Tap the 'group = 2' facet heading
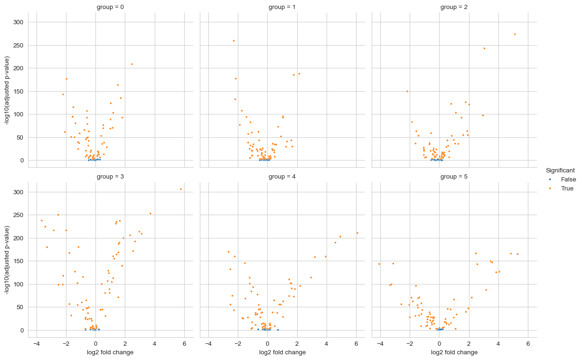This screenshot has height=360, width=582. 454,7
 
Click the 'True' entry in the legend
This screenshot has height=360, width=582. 567,188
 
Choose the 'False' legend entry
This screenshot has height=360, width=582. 568,179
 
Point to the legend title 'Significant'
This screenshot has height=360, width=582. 560,170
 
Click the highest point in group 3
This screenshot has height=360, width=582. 181,189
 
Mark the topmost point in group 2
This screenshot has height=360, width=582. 515,34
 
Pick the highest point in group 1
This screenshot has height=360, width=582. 234,40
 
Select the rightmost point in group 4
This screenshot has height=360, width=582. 357,233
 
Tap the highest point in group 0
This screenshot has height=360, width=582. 132,64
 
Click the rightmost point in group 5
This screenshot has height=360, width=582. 517,254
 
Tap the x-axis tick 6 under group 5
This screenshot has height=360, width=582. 528,343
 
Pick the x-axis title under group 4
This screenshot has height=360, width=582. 282,352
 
